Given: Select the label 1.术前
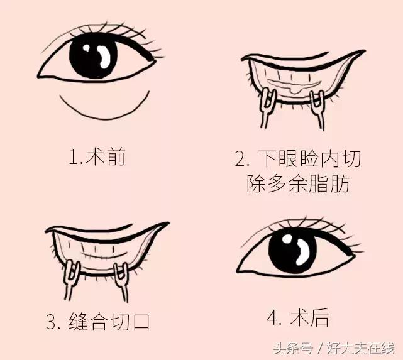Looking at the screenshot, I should click(97, 156).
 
